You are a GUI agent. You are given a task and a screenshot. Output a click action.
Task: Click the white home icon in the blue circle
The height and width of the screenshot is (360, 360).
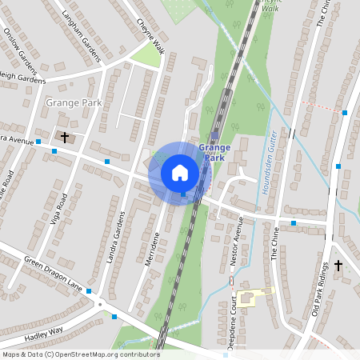pyautogui.click(x=180, y=172)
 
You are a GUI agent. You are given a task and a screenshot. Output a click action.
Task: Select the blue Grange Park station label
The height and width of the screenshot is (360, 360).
pyautogui.click(x=214, y=153)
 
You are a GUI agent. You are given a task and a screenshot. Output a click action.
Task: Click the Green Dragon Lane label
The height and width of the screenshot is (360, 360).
pyautogui.click(x=53, y=271)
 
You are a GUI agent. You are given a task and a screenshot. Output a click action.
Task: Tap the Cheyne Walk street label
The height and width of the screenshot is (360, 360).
pyautogui.click(x=150, y=36)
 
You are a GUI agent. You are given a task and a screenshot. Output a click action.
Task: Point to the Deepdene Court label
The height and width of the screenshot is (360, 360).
pyautogui.click(x=232, y=316)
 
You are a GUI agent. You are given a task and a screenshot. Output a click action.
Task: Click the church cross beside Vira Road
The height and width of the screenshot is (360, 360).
pyautogui.click(x=64, y=138)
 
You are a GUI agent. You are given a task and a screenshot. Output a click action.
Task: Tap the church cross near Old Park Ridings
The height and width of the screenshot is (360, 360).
pyautogui.click(x=338, y=265)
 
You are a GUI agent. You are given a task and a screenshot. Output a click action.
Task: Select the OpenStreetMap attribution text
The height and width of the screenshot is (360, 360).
pyautogui.click(x=80, y=354)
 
